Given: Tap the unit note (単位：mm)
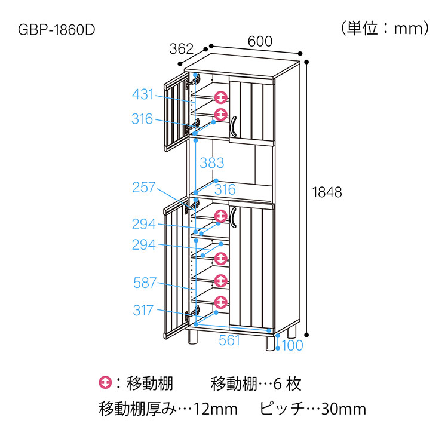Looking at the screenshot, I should coord(385,28).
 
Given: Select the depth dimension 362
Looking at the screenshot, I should coord(183,49).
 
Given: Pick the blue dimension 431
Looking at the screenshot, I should coord(143,94).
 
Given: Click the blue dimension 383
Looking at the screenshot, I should coord(212,162).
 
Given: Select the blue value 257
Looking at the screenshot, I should coord(143,188).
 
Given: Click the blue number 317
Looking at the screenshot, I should coord(143,310).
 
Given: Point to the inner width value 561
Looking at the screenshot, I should coord(229,340).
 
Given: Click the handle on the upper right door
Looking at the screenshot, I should coord(235,126).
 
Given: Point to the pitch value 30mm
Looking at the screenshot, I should coord(343,409).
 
